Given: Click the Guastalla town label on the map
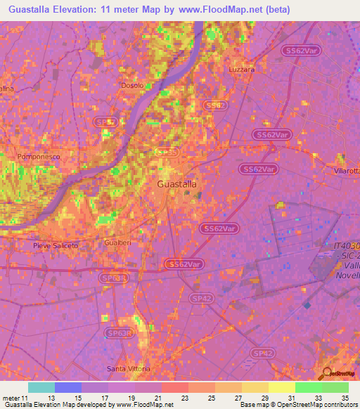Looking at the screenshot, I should [176, 183].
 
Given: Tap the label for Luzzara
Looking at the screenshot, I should [242, 70].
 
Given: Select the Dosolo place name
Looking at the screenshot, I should [132, 86].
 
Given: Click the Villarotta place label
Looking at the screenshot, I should [346, 171].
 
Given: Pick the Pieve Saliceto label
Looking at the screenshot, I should [56, 245].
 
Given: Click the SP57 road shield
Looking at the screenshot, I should [106, 122].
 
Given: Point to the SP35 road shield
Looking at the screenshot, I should [167, 152].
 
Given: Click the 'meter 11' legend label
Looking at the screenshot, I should [15, 397].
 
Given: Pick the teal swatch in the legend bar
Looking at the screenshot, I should [41, 387].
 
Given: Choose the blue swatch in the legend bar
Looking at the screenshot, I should [67, 387].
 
